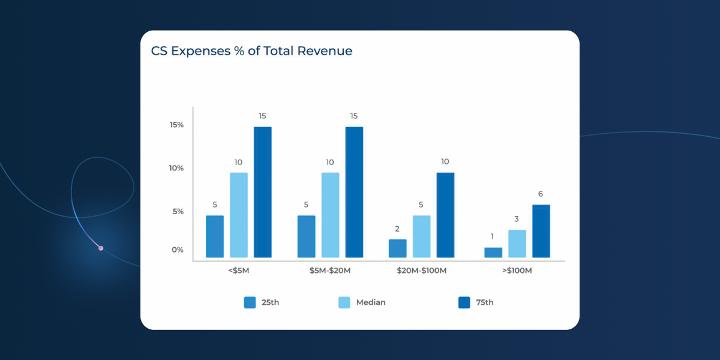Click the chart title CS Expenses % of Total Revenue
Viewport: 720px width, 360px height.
point(251,51)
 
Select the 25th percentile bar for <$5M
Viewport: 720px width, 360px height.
point(215,237)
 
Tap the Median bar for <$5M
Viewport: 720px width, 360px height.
point(239,215)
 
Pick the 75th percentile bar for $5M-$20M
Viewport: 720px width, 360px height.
point(354,193)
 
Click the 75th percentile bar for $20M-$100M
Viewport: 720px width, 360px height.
point(445,215)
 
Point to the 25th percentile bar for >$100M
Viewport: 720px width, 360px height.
point(493,253)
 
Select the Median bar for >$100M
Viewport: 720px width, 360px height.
point(517,244)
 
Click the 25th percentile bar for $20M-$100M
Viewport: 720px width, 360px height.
point(397,248)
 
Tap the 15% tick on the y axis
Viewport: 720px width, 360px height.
point(176,125)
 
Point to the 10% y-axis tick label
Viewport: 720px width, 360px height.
point(176,168)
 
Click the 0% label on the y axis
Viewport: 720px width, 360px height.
point(178,250)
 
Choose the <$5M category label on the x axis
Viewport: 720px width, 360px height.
point(238,271)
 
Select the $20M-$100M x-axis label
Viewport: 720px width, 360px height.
point(421,271)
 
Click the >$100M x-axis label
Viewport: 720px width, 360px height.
point(517,271)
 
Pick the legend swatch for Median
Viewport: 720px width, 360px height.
point(344,302)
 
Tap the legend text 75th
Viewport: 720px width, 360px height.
point(485,302)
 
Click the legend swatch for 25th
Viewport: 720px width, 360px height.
point(250,302)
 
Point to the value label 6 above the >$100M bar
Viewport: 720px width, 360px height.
point(541,194)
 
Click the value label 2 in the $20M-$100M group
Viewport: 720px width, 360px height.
point(397,229)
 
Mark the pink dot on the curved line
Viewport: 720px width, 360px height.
point(101,248)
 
